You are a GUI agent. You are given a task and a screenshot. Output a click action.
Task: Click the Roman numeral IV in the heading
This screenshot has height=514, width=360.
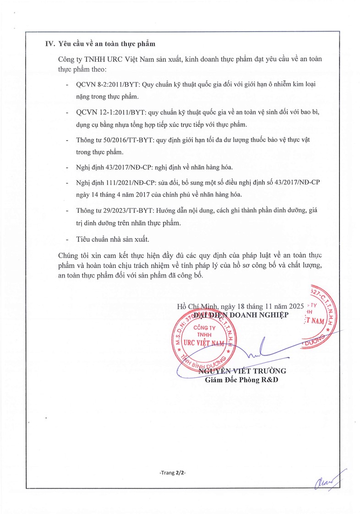(49, 44)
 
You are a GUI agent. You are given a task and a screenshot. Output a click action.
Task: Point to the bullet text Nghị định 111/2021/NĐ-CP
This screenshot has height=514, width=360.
(108, 182)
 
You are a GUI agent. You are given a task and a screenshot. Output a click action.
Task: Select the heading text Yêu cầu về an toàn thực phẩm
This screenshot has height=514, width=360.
(107, 44)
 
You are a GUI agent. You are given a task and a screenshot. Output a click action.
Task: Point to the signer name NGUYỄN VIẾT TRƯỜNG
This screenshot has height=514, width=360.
(242, 371)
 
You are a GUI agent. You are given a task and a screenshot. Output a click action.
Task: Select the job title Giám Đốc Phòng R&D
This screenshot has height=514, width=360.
(242, 380)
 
